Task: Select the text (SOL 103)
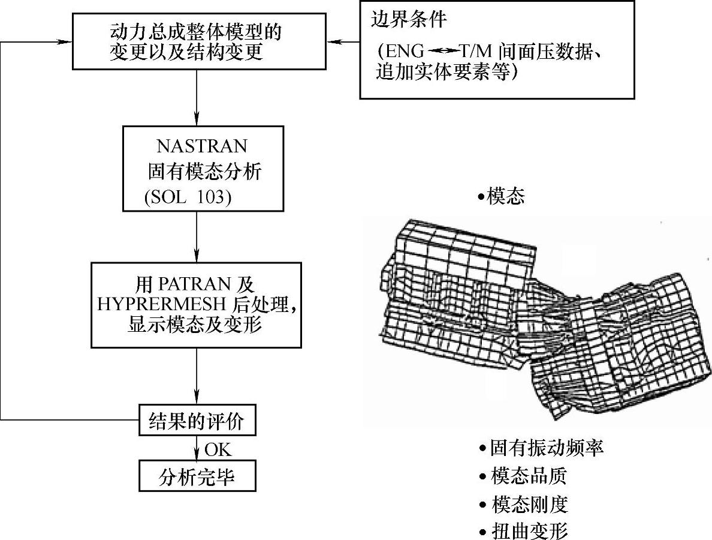187,197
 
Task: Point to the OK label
218,449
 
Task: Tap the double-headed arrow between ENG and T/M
444,53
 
